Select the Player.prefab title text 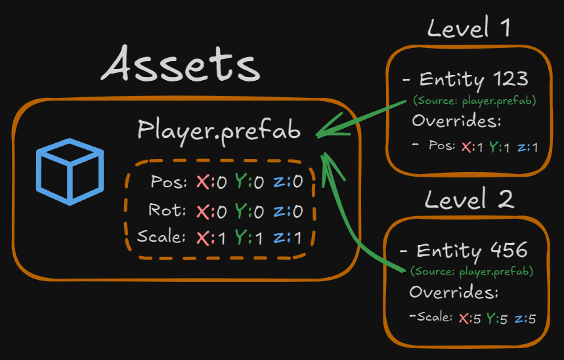click(219, 130)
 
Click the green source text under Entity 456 click(471, 271)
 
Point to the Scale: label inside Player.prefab click(161, 236)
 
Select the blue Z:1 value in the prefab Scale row click(289, 238)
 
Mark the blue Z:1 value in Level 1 click(527, 147)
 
